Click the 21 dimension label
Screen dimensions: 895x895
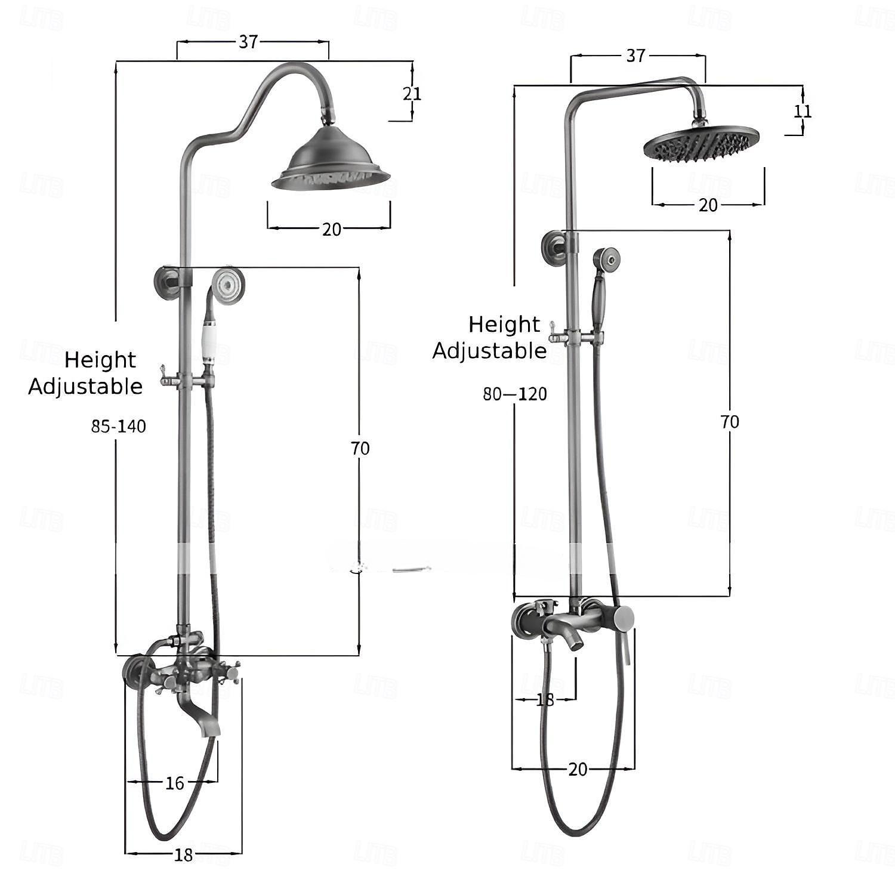pyautogui.click(x=412, y=94)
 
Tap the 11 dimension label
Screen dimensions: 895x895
pyautogui.click(x=803, y=111)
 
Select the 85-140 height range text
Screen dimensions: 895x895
pyautogui.click(x=119, y=426)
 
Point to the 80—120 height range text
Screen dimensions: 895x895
pyautogui.click(x=515, y=394)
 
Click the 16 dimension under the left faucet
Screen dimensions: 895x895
pyautogui.click(x=175, y=783)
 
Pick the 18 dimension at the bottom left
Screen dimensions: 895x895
pyautogui.click(x=184, y=854)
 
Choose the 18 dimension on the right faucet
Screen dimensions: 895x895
pyautogui.click(x=545, y=699)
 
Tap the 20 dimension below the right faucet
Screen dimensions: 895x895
pyautogui.click(x=578, y=769)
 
